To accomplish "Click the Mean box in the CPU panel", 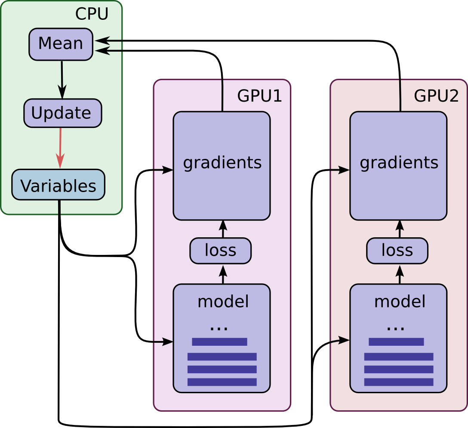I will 61,44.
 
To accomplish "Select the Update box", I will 62,113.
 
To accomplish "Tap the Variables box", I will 58,185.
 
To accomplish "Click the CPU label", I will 92,14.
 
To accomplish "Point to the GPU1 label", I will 259,96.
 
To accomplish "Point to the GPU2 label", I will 436,96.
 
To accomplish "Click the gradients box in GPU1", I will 222,166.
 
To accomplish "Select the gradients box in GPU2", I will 398,166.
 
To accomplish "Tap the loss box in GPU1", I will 220,251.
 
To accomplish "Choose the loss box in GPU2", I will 397,251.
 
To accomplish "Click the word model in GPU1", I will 223,302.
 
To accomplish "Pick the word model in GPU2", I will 400,302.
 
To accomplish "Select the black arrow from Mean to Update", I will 62,80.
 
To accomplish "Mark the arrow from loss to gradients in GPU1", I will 223,229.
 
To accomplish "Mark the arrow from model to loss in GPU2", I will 400,274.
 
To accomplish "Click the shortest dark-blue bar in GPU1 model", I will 219,342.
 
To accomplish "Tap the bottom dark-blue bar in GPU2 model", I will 398,382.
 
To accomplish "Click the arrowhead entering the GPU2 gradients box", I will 344,170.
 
